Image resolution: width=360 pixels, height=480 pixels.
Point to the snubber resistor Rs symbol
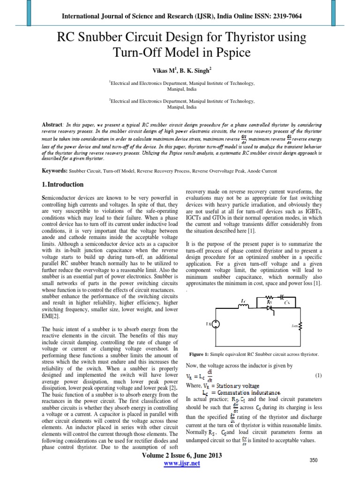269,297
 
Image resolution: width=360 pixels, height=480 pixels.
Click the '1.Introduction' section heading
63,184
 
